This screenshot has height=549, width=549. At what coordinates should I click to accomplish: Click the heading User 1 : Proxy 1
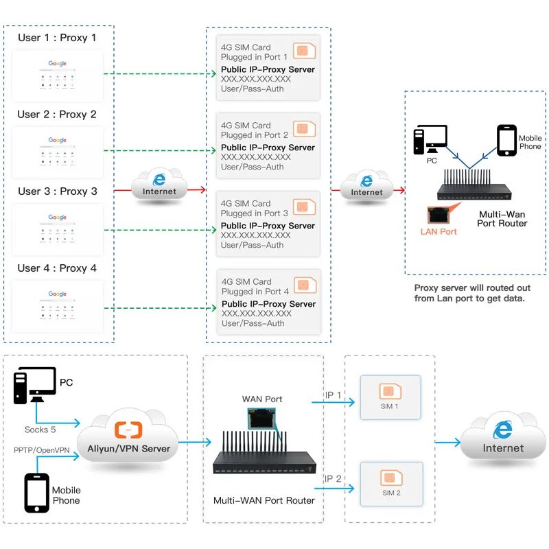57,38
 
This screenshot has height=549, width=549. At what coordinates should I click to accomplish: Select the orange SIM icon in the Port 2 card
304,128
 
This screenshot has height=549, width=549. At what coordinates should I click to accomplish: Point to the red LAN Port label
439,231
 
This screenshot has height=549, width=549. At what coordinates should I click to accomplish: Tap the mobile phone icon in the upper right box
506,141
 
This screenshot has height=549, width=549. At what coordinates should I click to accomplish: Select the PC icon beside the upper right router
430,140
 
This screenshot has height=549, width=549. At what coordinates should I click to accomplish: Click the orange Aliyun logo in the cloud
128,430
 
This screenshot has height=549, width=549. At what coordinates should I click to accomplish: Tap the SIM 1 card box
388,397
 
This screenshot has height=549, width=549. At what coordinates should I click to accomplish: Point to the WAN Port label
262,399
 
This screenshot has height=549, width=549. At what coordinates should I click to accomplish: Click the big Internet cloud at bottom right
503,440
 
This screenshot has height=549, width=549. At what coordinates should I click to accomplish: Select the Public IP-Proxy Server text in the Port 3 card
268,226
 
